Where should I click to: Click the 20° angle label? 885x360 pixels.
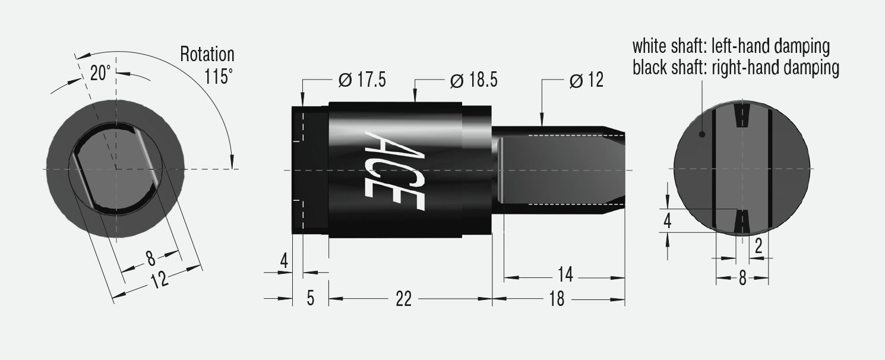coord(100,73)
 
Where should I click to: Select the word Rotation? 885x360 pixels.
coord(207,55)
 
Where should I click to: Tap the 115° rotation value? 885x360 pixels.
coord(218,77)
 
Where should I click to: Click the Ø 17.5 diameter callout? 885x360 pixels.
coord(362,80)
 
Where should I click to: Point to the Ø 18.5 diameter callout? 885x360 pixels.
coord(473,80)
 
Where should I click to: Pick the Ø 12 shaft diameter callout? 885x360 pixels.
coord(586,80)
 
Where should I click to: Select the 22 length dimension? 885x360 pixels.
coord(403,299)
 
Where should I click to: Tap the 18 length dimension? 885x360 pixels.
coord(557,299)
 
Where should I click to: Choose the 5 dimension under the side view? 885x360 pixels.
coord(311,299)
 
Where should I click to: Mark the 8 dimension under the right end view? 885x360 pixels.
coord(742,278)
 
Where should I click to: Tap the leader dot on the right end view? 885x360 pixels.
coord(702,134)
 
